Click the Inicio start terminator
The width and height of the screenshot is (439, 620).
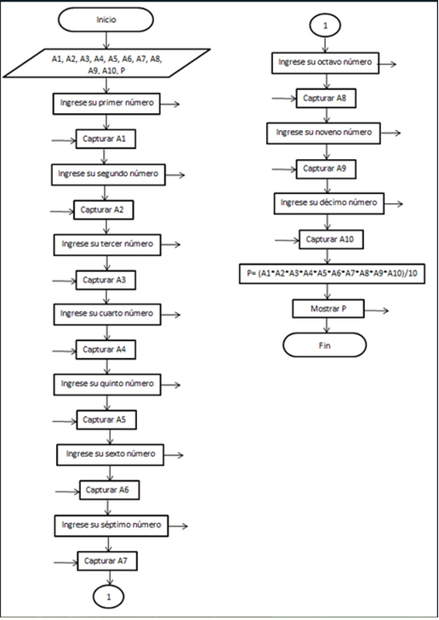coord(107,18)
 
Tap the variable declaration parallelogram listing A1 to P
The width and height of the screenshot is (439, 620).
coord(106,65)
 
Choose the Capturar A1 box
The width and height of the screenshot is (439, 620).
coord(106,137)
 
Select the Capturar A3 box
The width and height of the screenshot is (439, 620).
coord(106,279)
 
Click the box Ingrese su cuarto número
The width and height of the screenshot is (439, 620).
coord(106,314)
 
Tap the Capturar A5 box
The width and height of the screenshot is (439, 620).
coord(107,419)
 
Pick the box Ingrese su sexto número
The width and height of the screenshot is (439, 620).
coord(107,454)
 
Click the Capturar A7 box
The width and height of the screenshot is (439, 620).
coord(107,560)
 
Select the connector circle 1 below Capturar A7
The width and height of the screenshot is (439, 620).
coord(108,596)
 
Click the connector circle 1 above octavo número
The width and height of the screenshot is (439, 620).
coord(324,26)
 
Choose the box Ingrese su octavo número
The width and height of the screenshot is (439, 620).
coord(325,63)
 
